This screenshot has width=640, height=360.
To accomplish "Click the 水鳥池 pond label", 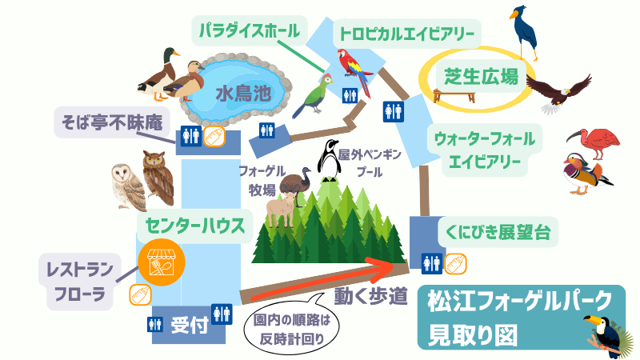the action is (x=243, y=93).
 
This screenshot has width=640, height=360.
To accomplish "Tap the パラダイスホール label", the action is (x=250, y=30).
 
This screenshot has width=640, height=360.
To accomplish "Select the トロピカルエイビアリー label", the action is (x=407, y=33).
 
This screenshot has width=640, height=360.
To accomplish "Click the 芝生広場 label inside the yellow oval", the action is (x=482, y=76).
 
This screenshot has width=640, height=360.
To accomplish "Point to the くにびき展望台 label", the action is (x=498, y=232).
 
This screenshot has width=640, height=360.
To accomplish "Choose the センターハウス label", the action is (x=195, y=226).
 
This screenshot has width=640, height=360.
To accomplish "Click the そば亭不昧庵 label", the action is (x=112, y=122).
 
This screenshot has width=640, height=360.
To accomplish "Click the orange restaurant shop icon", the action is (x=162, y=262).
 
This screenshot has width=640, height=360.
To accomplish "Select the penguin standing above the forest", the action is (x=329, y=161).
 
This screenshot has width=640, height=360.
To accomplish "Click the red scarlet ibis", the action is (x=594, y=143).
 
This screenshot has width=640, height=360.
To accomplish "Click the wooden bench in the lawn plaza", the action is (x=454, y=96).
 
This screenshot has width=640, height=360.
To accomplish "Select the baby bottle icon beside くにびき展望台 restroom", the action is (x=455, y=264).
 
